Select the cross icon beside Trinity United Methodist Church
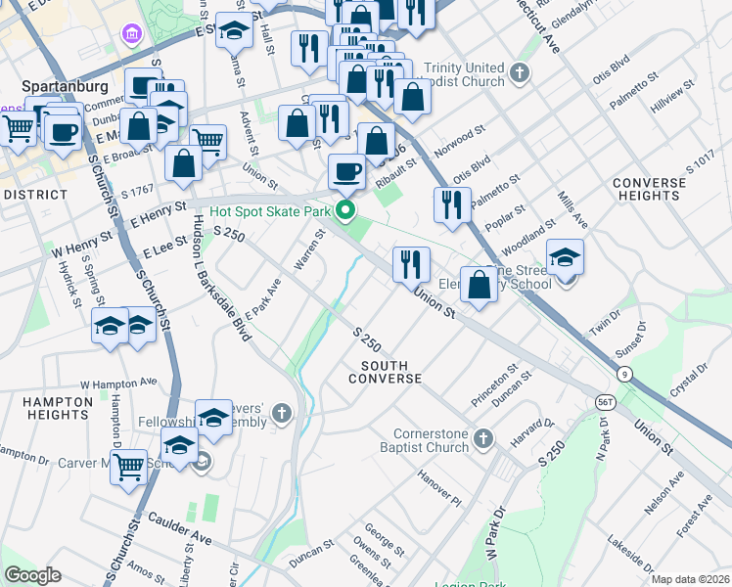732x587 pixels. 521,72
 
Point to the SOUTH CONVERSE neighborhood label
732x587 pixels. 385,372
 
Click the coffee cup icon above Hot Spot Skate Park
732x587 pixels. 346,173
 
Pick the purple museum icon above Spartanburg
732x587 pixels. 130,35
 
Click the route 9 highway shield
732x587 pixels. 622,373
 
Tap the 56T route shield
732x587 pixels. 606,402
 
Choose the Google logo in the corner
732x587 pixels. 32,575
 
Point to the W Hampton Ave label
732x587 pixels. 118,383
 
